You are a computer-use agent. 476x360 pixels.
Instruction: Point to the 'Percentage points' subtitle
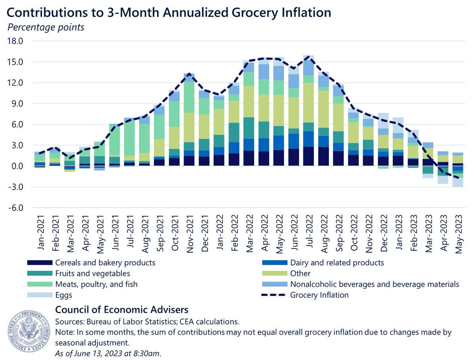click(46, 27)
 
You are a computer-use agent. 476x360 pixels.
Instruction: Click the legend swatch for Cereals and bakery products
click(40, 263)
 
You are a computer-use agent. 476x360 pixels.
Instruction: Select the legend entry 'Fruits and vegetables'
click(92, 274)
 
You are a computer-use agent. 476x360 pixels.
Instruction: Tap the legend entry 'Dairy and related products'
click(337, 263)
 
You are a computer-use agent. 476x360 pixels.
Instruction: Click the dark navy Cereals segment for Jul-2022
click(309, 156)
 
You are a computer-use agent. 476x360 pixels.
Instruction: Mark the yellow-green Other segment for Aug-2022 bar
click(324, 109)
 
